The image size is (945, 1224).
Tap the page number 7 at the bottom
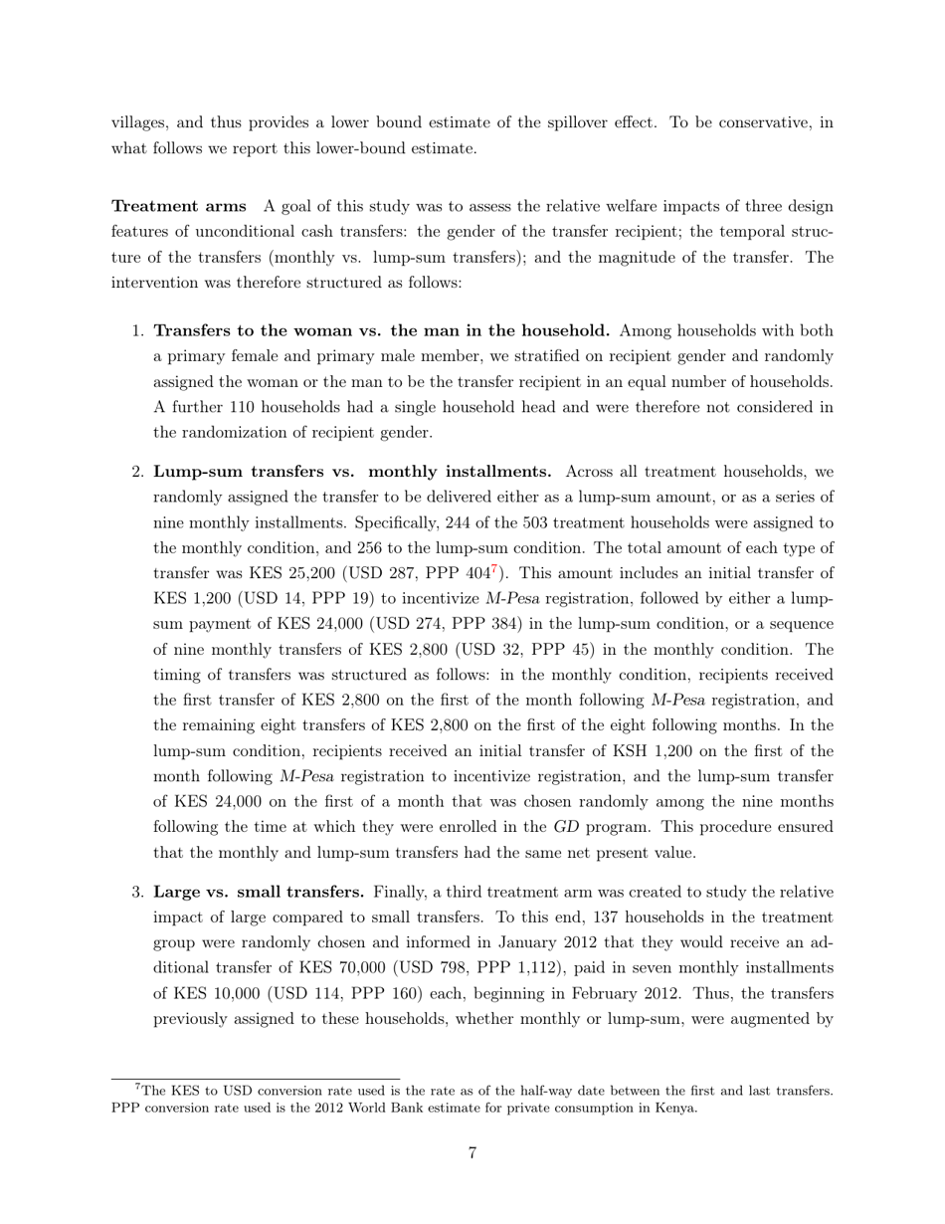pos(472,1154)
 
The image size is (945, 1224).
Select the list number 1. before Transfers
pos(138,331)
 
